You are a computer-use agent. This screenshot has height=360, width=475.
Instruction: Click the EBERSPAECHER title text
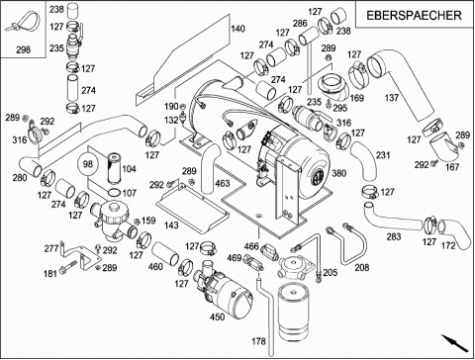pos(414,15)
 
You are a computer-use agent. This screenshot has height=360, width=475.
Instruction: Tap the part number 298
pos(23,49)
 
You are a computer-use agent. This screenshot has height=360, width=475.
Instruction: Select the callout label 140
pos(237,29)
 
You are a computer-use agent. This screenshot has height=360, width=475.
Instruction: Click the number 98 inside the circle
pos(88,164)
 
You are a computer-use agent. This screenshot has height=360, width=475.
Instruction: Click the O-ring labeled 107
pos(114,193)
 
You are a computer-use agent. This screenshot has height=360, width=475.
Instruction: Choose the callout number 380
pos(338,173)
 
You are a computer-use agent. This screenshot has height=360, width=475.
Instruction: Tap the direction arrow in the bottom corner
pos(455,343)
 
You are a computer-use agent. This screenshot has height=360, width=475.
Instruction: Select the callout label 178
pos(258,341)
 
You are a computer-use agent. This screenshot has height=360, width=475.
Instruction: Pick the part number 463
pos(223,183)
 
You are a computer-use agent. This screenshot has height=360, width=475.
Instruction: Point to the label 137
pos(392,98)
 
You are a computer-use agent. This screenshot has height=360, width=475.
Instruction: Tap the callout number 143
pos(171,225)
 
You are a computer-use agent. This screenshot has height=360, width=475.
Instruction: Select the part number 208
pos(362,267)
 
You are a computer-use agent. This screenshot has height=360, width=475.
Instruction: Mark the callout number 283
pos(394,236)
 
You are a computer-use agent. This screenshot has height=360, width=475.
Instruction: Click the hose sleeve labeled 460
pos(165,253)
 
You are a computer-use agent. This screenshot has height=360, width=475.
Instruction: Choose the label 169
pos(356,98)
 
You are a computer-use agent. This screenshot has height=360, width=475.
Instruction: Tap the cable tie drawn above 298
pos(22,23)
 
